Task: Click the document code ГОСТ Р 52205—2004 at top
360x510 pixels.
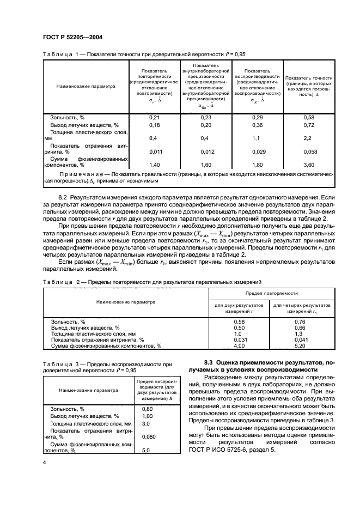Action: point(72,37)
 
